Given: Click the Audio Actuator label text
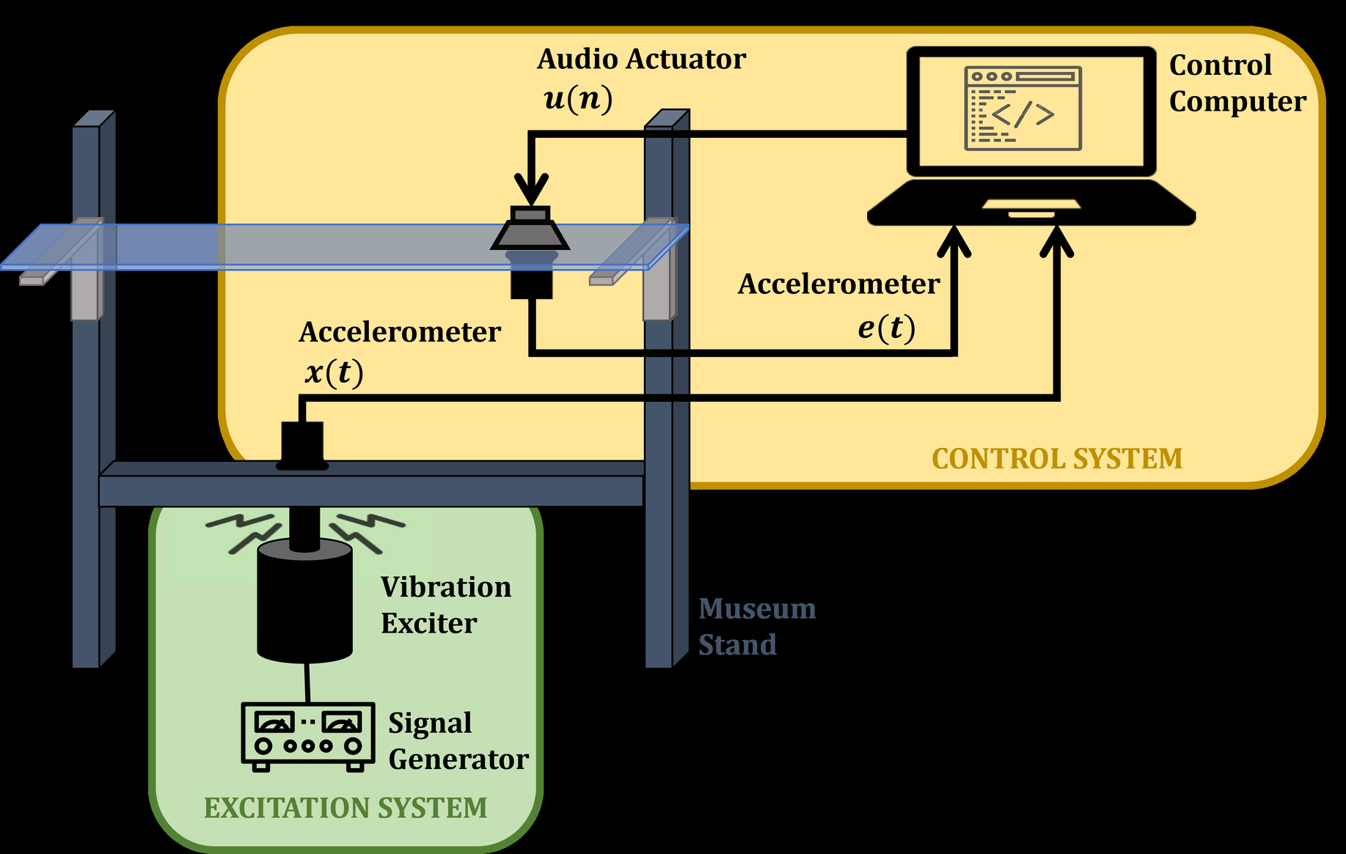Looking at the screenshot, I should (641, 59).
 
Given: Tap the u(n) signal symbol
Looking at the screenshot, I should (578, 98).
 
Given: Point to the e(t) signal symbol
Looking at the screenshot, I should (886, 328).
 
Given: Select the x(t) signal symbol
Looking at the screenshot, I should (334, 372).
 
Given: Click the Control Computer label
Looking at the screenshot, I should (1237, 84).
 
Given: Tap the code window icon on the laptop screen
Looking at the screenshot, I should (1023, 108).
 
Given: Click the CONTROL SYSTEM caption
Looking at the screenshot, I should (1056, 459).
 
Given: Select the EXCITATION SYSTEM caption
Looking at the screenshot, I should (345, 808).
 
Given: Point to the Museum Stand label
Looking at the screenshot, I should (756, 627).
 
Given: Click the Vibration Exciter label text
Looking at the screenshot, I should (445, 605).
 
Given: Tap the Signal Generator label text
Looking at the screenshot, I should (458, 741).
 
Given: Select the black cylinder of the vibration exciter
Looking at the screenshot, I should (304, 601).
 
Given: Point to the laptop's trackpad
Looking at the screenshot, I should (1031, 204).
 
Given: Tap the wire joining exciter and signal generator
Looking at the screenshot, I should (307, 682).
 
